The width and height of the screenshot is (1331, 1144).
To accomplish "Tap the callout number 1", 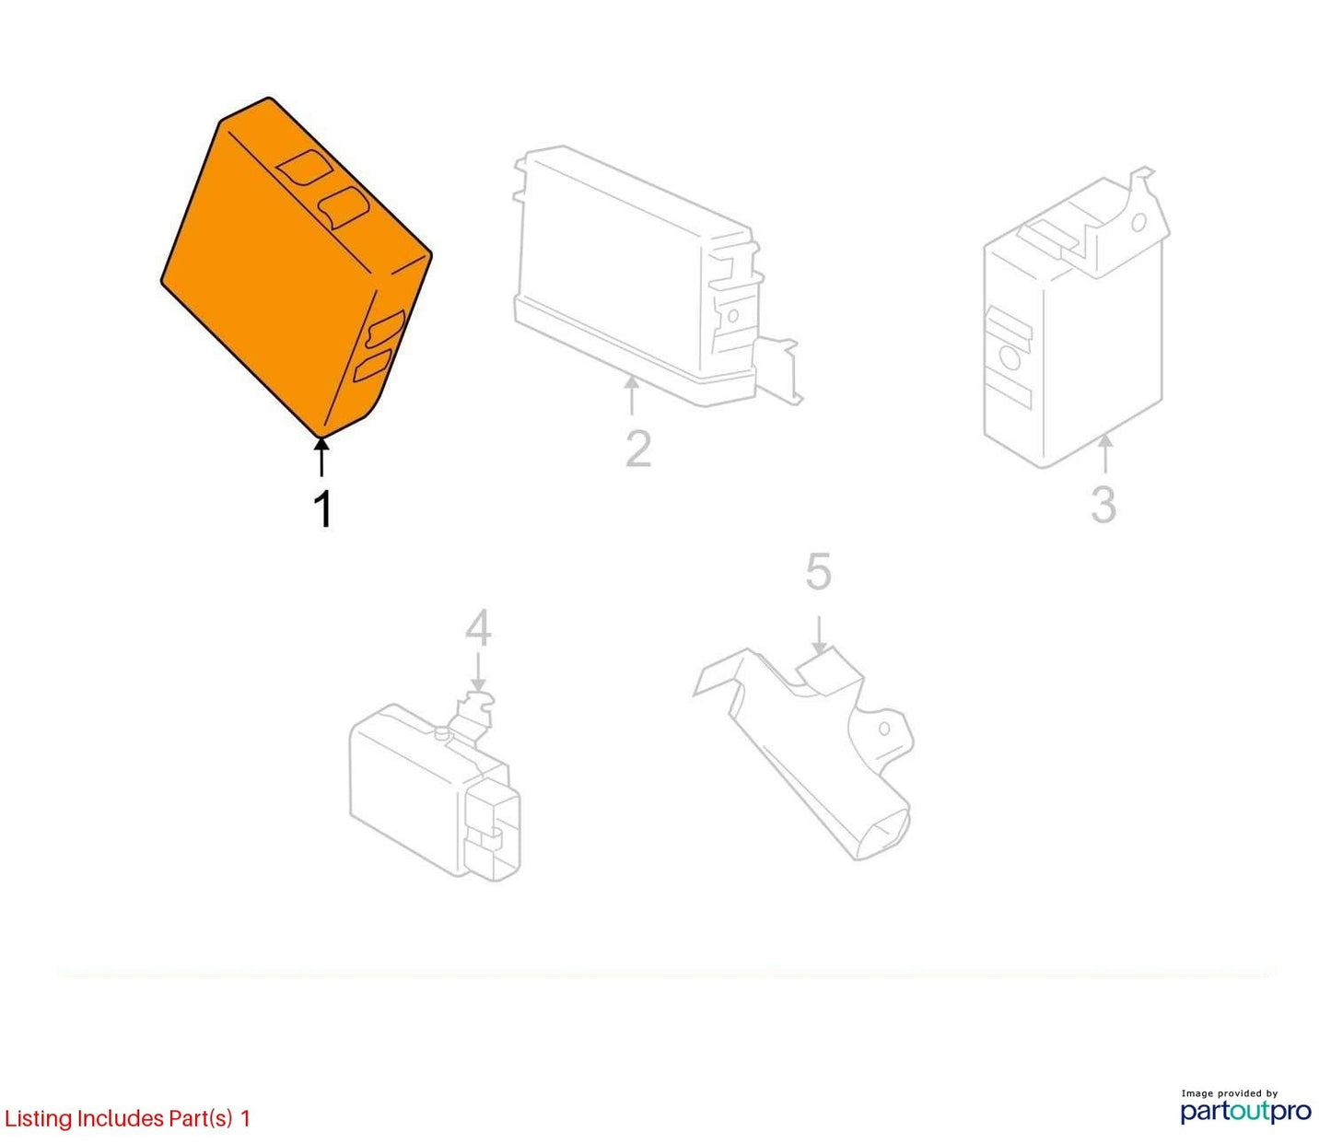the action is (322, 508).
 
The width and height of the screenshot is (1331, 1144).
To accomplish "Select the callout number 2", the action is (637, 449).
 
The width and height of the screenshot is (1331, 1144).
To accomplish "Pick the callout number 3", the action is (1103, 504).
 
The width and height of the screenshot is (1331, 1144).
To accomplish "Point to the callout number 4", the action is (478, 628).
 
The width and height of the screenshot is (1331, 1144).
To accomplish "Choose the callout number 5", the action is (819, 570).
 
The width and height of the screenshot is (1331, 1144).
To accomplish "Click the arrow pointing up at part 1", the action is (321, 457).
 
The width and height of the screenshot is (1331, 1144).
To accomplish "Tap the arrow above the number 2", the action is (632, 395).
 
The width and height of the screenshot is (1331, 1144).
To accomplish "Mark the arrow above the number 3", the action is (1105, 454).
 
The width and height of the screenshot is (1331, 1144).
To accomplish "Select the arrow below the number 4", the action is (478, 672).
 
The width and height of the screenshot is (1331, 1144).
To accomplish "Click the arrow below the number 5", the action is (819, 636).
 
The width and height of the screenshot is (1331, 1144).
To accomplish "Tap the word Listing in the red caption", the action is (39, 1119).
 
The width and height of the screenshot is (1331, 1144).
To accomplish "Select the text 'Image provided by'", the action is (1230, 1092).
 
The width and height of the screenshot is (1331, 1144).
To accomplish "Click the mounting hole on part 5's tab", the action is (884, 729).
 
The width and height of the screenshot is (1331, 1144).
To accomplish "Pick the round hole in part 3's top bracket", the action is (1138, 223).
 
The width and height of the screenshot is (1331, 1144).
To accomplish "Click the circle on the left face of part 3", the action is (1010, 358).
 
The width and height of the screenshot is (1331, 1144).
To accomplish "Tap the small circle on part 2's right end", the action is (732, 316).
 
